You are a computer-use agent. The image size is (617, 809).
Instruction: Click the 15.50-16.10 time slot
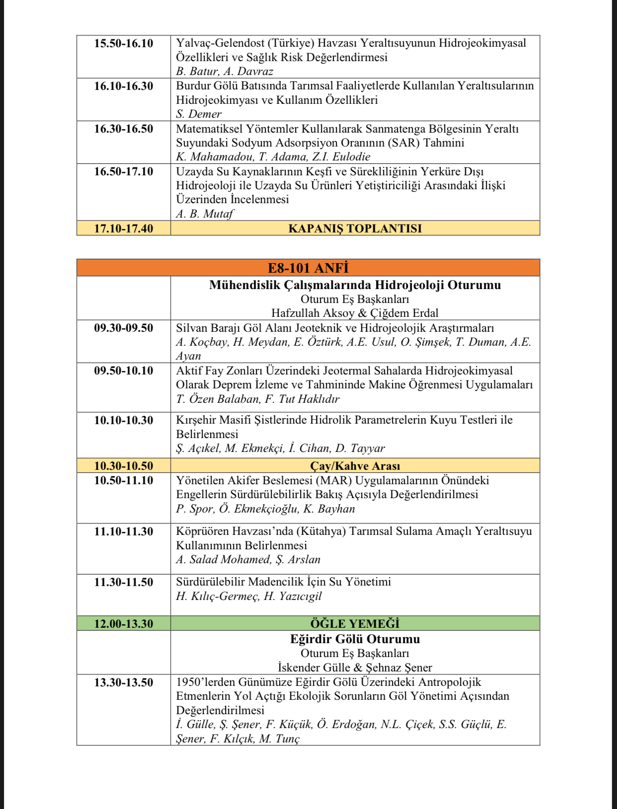pyautogui.click(x=124, y=43)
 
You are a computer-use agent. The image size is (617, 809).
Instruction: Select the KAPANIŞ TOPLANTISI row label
pyautogui.click(x=355, y=228)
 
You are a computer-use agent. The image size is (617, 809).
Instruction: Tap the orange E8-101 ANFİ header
pyautogui.click(x=308, y=268)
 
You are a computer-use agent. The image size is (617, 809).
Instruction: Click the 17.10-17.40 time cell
pyautogui.click(x=124, y=228)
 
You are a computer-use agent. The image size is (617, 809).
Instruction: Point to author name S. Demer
pyautogui.click(x=199, y=114)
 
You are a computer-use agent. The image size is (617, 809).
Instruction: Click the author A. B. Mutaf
pyautogui.click(x=205, y=214)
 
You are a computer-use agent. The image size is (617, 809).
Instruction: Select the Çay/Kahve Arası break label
pyautogui.click(x=355, y=466)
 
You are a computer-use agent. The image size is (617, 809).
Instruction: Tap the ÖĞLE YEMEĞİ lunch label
pyautogui.click(x=355, y=624)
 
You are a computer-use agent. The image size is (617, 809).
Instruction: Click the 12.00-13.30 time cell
pyautogui.click(x=124, y=624)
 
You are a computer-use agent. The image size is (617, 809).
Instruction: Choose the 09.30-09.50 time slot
pyautogui.click(x=124, y=328)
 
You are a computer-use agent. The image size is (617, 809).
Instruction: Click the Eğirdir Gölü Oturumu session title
pyautogui.click(x=355, y=639)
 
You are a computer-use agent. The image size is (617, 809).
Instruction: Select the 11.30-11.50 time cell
pyautogui.click(x=124, y=582)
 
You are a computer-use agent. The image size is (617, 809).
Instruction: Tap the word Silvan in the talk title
pyautogui.click(x=192, y=328)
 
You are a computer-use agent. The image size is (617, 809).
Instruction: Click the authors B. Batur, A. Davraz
pyautogui.click(x=225, y=72)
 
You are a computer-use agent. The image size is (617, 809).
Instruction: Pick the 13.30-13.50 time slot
pyautogui.click(x=124, y=682)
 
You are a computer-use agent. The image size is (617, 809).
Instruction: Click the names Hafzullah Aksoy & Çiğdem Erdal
pyautogui.click(x=355, y=313)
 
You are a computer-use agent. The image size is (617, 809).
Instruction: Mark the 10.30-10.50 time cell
pyautogui.click(x=124, y=466)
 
